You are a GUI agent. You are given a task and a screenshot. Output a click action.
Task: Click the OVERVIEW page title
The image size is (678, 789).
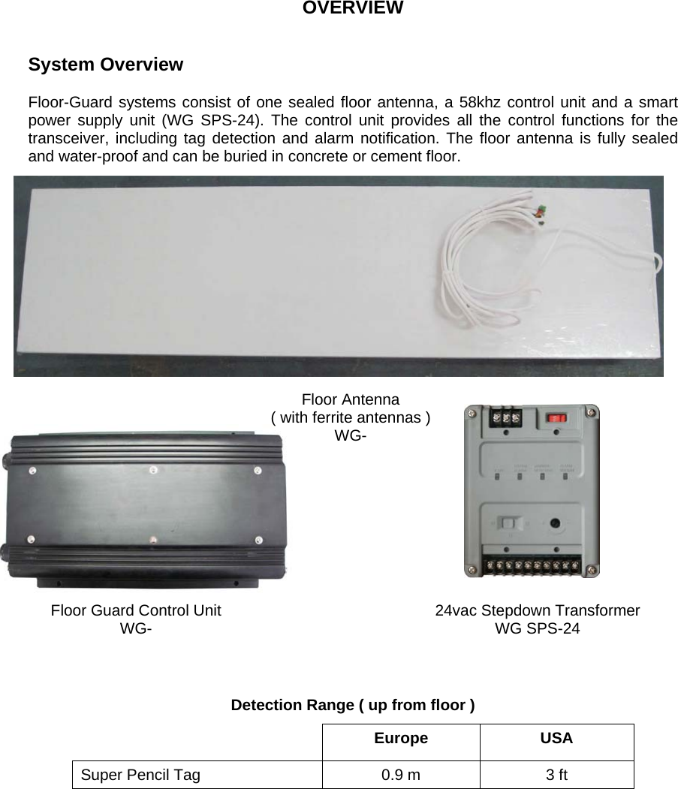click(x=352, y=8)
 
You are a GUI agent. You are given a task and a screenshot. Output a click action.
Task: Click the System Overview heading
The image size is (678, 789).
click(x=105, y=65)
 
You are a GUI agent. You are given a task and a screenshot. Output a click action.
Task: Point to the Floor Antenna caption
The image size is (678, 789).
click(x=350, y=399)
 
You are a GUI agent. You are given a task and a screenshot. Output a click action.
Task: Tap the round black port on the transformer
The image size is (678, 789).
click(x=556, y=524)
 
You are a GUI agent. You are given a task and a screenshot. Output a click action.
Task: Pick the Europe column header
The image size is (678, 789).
click(x=401, y=738)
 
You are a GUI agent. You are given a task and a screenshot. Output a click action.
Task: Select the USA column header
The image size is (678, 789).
click(x=556, y=738)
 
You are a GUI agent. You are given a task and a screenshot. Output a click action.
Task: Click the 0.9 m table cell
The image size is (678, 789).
click(x=401, y=775)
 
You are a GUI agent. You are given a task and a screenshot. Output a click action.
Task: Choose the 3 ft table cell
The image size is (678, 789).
click(x=556, y=775)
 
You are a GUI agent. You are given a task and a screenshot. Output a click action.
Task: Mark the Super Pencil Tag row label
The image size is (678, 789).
click(x=140, y=775)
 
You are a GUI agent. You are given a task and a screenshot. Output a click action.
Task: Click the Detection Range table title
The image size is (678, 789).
click(x=352, y=705)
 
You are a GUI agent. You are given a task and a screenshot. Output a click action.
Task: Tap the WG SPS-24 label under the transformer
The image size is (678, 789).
click(x=537, y=628)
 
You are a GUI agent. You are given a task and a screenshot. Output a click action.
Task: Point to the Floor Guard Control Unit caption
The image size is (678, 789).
click(x=136, y=610)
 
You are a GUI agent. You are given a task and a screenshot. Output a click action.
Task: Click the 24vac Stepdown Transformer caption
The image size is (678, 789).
click(x=538, y=610)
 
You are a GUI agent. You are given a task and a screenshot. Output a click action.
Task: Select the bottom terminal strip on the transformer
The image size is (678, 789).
click(x=532, y=565)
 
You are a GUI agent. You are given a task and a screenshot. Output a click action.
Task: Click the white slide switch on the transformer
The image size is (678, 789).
click(x=508, y=523)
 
